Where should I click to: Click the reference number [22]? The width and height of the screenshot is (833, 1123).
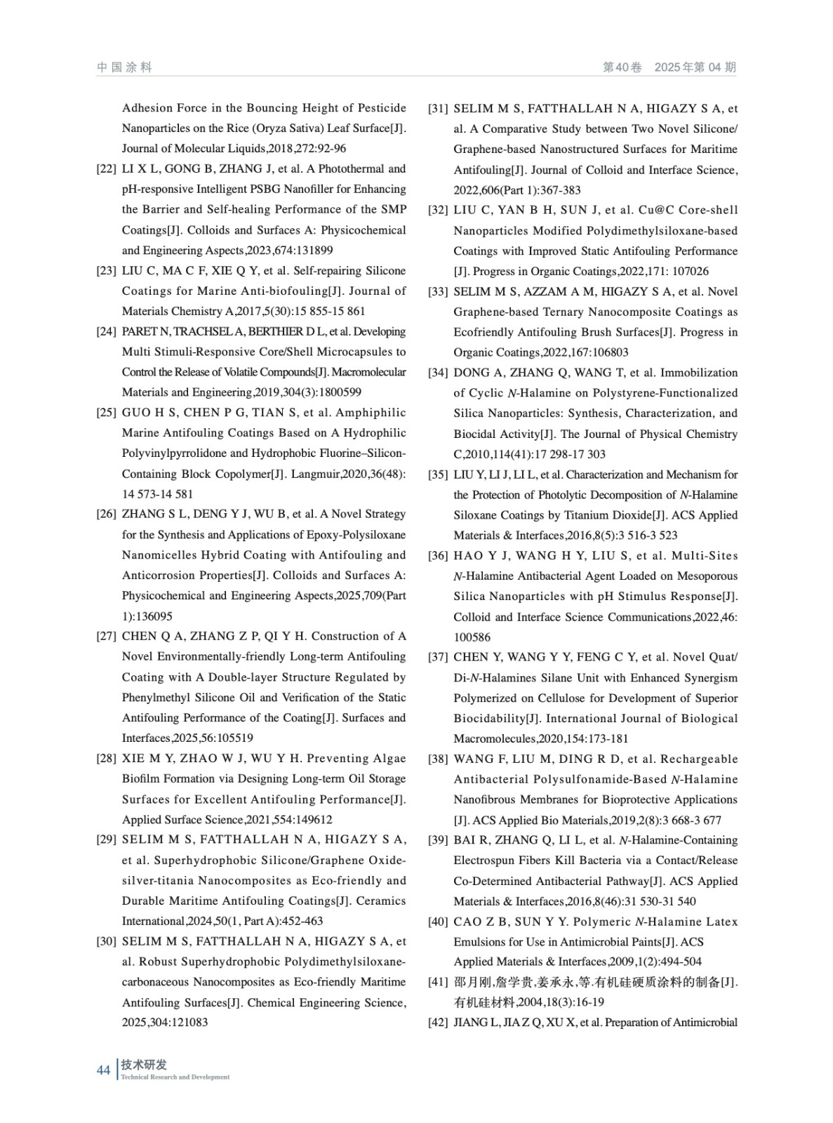106,169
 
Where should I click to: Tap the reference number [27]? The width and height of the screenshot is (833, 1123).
106,637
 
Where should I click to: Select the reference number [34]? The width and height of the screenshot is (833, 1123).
438,373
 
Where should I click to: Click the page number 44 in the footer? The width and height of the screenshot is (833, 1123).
103,1070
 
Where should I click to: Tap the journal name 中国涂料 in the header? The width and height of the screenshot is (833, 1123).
124,67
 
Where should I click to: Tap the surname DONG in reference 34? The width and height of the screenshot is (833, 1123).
472,373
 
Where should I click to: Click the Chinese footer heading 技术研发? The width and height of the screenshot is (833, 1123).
144,1065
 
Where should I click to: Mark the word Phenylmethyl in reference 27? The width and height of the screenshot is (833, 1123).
157,698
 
